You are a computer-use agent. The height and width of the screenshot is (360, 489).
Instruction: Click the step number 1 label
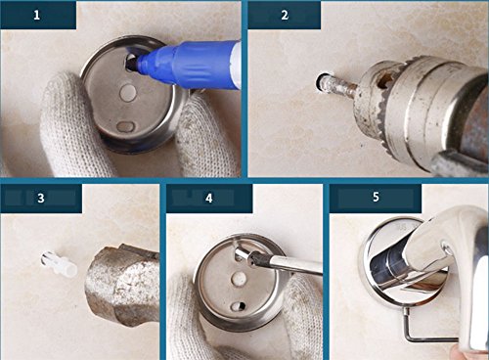click(x=37, y=15)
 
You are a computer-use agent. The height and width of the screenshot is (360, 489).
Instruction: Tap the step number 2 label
click(x=285, y=15)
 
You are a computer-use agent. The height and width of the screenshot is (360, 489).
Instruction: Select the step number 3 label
click(x=41, y=199)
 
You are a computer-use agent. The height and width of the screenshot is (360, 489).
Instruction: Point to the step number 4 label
click(x=209, y=199)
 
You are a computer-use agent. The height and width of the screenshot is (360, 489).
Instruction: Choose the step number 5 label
click(x=376, y=197)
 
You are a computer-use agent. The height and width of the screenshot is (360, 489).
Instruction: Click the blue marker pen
click(x=189, y=64)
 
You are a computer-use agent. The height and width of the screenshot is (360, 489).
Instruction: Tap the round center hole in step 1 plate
click(x=128, y=93)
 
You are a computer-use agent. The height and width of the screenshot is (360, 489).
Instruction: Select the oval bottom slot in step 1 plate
click(x=125, y=126)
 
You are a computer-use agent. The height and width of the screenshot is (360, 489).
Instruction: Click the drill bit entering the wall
click(x=339, y=86)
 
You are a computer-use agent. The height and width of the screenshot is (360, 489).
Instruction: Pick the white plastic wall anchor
click(x=60, y=263)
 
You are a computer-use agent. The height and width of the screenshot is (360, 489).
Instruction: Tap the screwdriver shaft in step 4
click(x=290, y=263)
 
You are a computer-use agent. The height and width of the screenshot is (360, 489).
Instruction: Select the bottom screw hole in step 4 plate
click(x=239, y=306)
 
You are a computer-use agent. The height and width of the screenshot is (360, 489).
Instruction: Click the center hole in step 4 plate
click(x=239, y=279)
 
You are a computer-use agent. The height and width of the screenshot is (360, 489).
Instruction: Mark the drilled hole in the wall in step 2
click(x=320, y=82)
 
